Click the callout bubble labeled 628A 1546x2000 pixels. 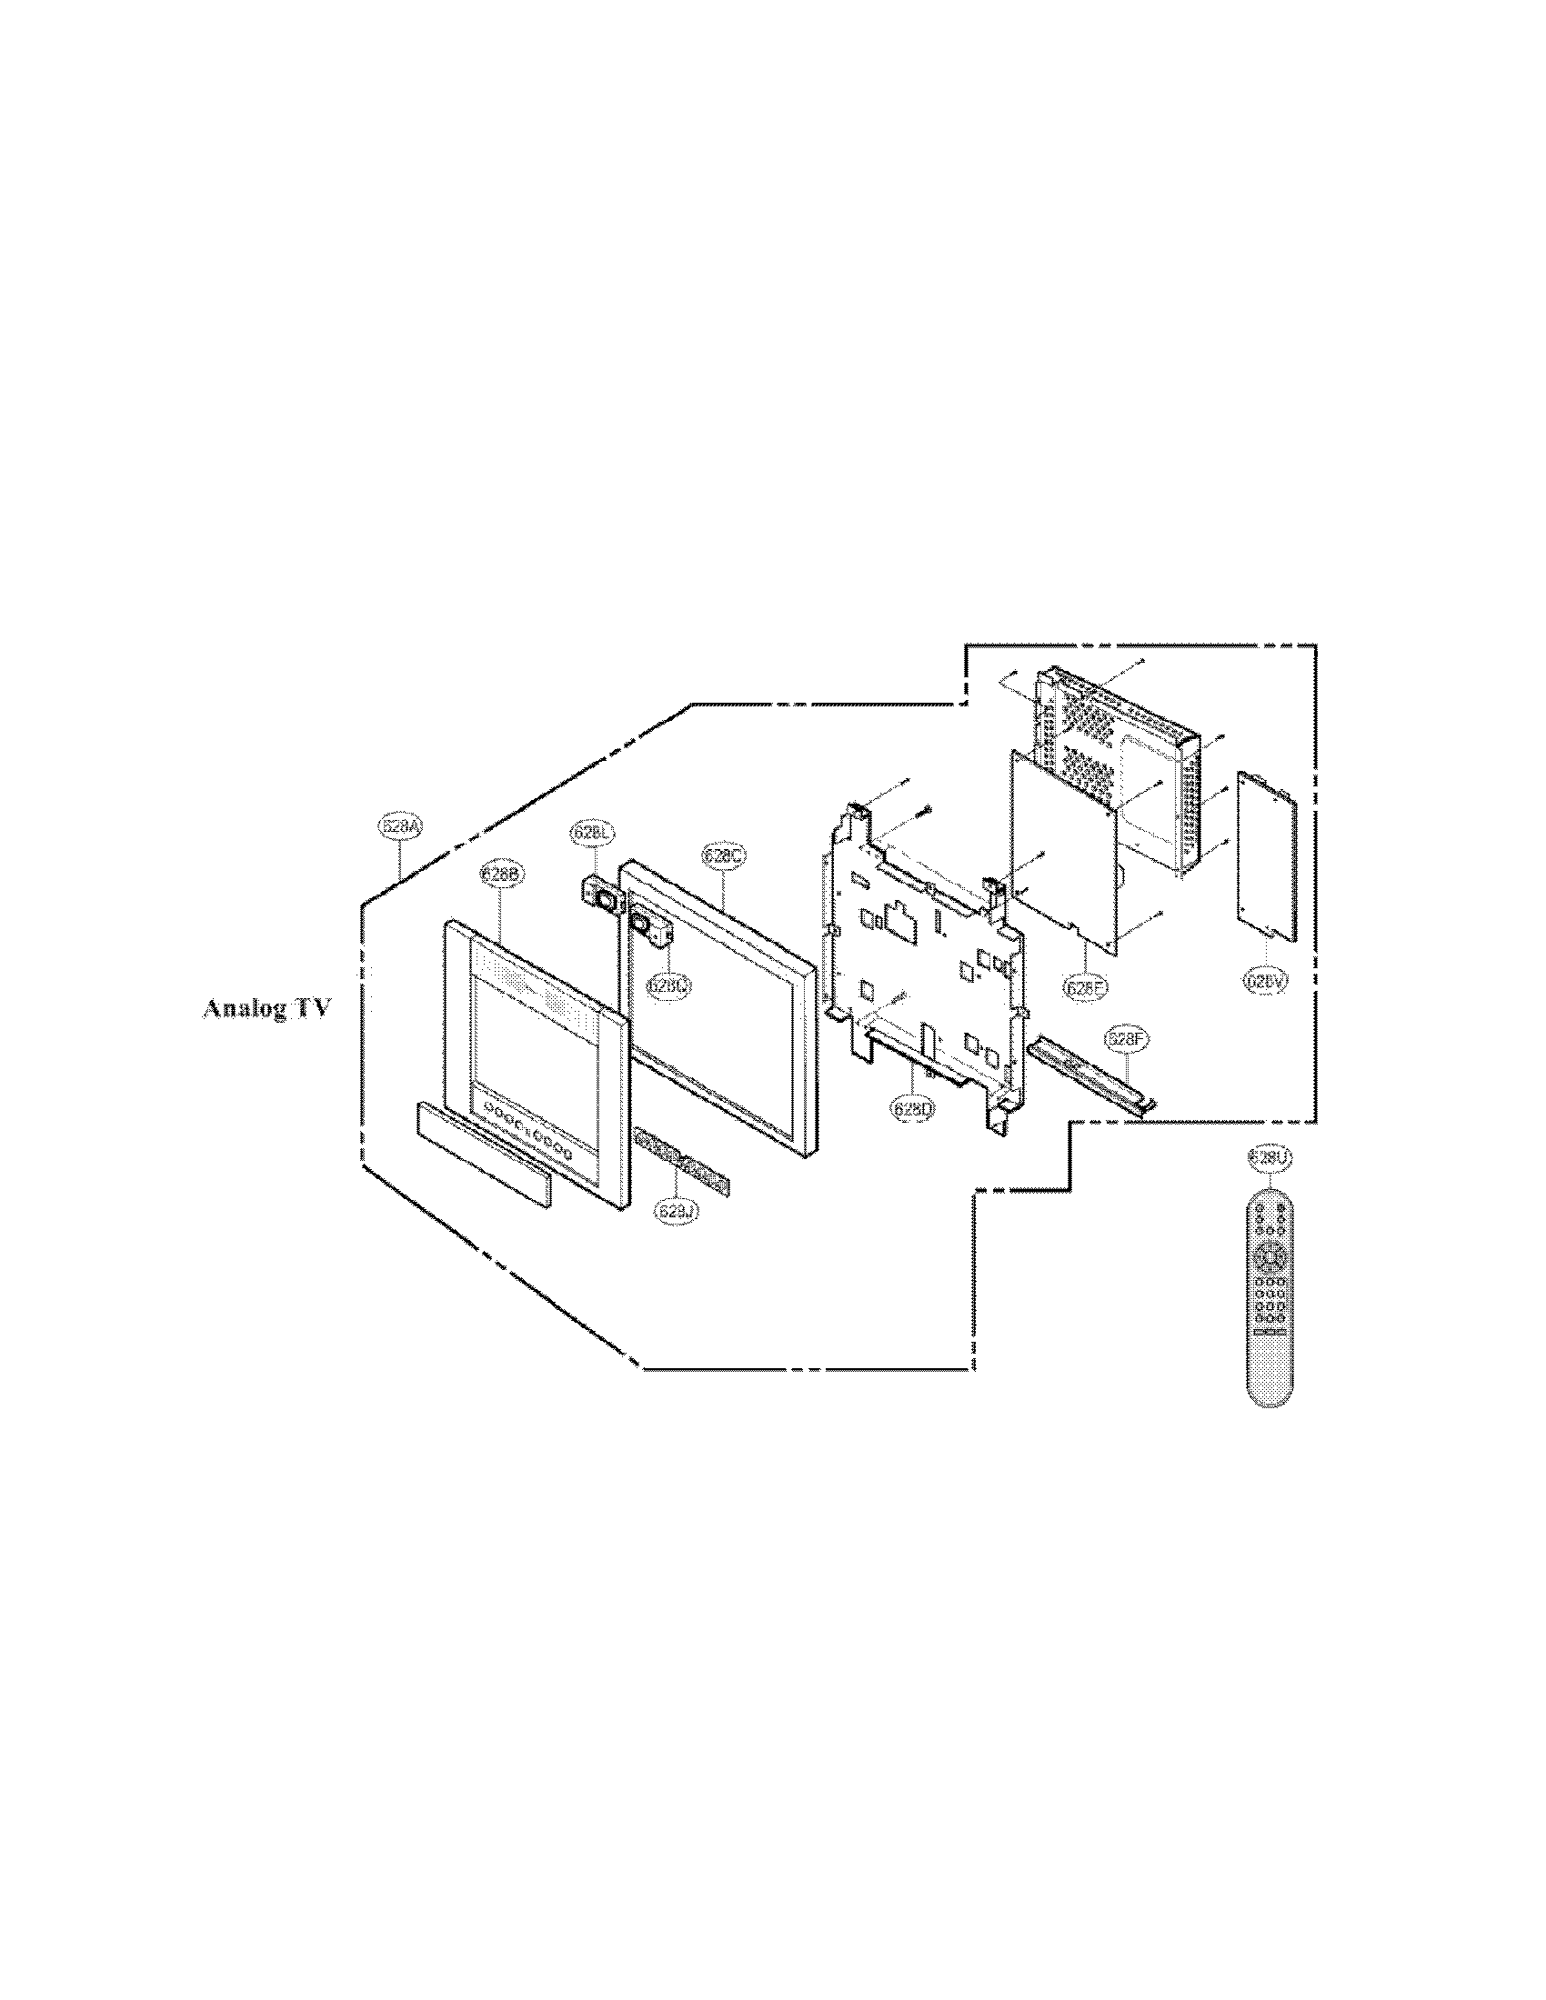[x=400, y=826]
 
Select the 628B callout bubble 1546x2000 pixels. [x=501, y=875]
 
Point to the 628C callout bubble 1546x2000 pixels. [x=723, y=855]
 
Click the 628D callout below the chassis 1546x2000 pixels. [x=912, y=1107]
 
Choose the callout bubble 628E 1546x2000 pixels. [x=1086, y=987]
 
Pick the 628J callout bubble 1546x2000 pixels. [x=677, y=1211]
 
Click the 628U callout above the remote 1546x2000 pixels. [x=1270, y=1157]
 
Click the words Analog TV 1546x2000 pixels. [x=266, y=1009]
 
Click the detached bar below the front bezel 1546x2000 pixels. [x=485, y=1154]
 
